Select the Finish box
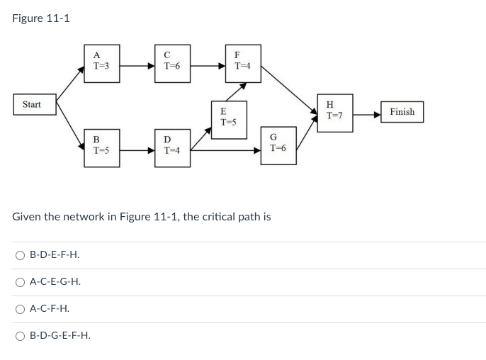coord(402,112)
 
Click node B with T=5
coord(101,146)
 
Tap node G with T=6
coord(278,145)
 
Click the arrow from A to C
coord(137,66)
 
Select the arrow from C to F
coord(208,66)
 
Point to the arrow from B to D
coord(137,150)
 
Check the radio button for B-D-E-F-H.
coord(21,254)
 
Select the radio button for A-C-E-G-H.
coord(21,282)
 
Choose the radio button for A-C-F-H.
coord(21,309)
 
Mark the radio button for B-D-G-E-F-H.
coord(21,336)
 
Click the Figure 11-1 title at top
coord(41,18)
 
